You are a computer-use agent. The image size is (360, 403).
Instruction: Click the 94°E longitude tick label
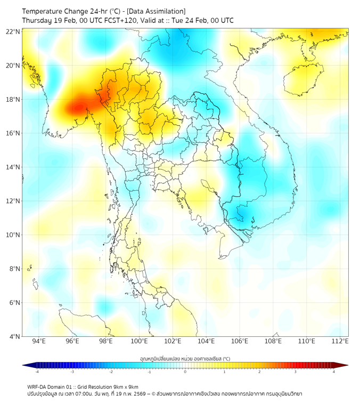click(x=39, y=341)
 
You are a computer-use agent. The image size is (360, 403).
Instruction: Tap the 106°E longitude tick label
click(x=240, y=341)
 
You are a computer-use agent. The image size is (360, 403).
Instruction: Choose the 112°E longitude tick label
click(x=340, y=341)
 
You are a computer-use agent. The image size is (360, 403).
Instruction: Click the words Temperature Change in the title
click(x=48, y=11)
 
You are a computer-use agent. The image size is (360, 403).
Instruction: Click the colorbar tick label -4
click(x=36, y=372)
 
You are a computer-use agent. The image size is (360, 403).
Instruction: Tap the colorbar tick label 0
click(x=185, y=372)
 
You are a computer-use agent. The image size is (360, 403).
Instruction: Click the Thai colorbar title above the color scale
click(x=185, y=358)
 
